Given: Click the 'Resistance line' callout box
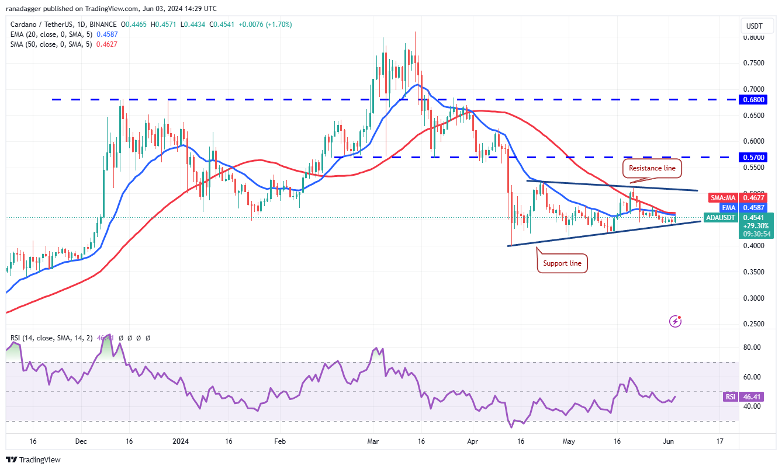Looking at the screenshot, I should (x=652, y=168).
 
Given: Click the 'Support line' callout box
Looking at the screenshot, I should (x=562, y=263).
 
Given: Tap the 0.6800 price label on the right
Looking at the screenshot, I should (x=756, y=100).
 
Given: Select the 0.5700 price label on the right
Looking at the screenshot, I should (x=756, y=158).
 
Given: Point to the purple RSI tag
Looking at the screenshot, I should (x=730, y=397).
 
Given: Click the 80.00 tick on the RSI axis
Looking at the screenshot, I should (x=753, y=347).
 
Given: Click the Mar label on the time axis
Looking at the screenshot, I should (x=372, y=441).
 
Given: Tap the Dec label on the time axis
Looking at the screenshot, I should (x=81, y=441).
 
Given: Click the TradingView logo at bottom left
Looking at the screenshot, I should (x=33, y=459).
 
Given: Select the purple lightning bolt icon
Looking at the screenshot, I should (x=676, y=321).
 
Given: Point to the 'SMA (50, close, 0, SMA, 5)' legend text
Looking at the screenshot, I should (x=51, y=45).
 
